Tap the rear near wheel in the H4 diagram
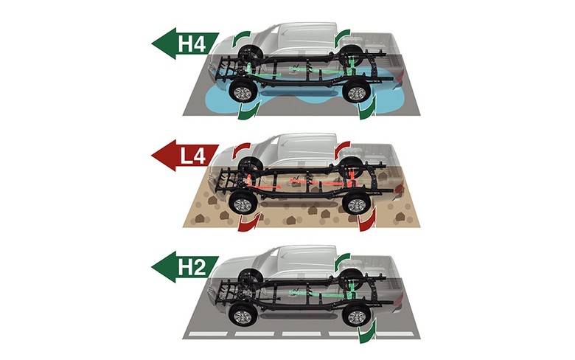[357, 93]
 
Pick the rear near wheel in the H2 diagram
[357, 314]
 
